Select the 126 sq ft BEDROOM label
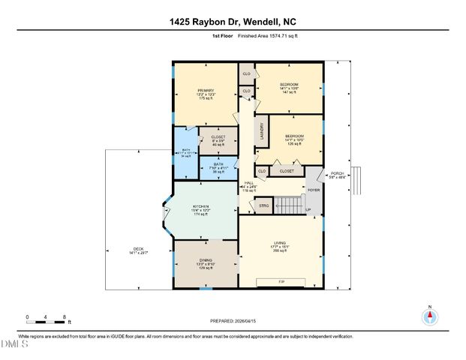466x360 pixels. tap(293, 139)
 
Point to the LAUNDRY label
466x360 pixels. tap(262, 133)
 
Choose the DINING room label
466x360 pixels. tap(205, 263)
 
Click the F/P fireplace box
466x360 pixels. tap(281, 281)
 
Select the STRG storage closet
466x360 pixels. tap(263, 204)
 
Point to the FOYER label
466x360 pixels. tap(313, 190)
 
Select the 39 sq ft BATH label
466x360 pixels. tap(218, 166)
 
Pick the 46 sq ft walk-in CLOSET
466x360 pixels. tap(218, 139)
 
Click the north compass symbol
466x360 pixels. tap(430, 316)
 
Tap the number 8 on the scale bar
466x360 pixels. tap(65, 317)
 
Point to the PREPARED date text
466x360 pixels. tap(233, 320)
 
